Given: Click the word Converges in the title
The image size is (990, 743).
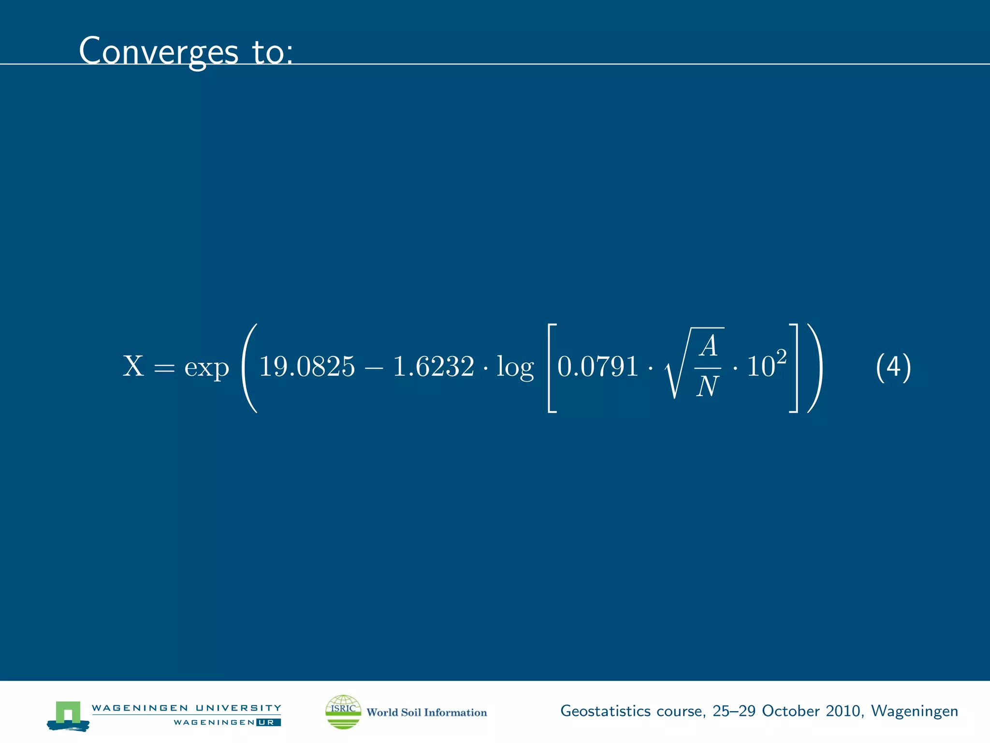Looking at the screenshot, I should point(159,51).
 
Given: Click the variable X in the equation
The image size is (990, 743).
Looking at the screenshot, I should point(133,366).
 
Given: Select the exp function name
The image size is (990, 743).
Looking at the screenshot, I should point(206,369).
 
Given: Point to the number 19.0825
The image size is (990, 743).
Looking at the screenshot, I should point(307,366).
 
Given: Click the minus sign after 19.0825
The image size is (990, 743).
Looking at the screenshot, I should point(373,368).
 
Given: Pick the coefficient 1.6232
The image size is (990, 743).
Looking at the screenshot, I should point(433,366).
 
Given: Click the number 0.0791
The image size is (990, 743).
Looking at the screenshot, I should point(597,366).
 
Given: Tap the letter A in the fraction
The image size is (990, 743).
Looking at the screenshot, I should point(709,346).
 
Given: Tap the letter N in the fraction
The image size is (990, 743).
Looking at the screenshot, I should point(708,386).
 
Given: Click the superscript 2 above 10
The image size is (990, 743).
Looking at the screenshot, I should point(781,357).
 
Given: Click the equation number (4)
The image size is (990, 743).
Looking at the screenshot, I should point(893,367).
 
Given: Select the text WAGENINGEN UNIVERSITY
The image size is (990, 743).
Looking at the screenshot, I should point(186,708).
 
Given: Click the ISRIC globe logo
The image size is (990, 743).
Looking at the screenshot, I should point(343,712).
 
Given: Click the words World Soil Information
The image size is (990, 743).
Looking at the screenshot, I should point(426,712).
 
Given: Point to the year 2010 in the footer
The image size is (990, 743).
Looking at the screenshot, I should point(843,711).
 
